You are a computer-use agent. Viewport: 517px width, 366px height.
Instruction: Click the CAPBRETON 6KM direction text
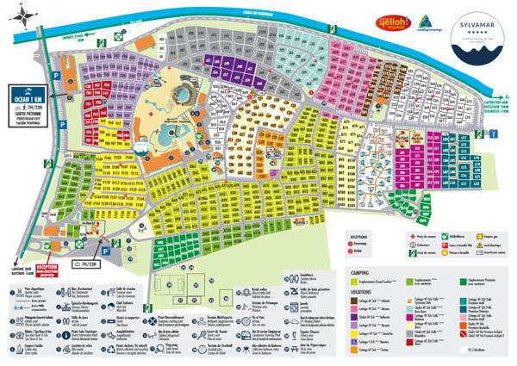pyautogui.click(x=497, y=102)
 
